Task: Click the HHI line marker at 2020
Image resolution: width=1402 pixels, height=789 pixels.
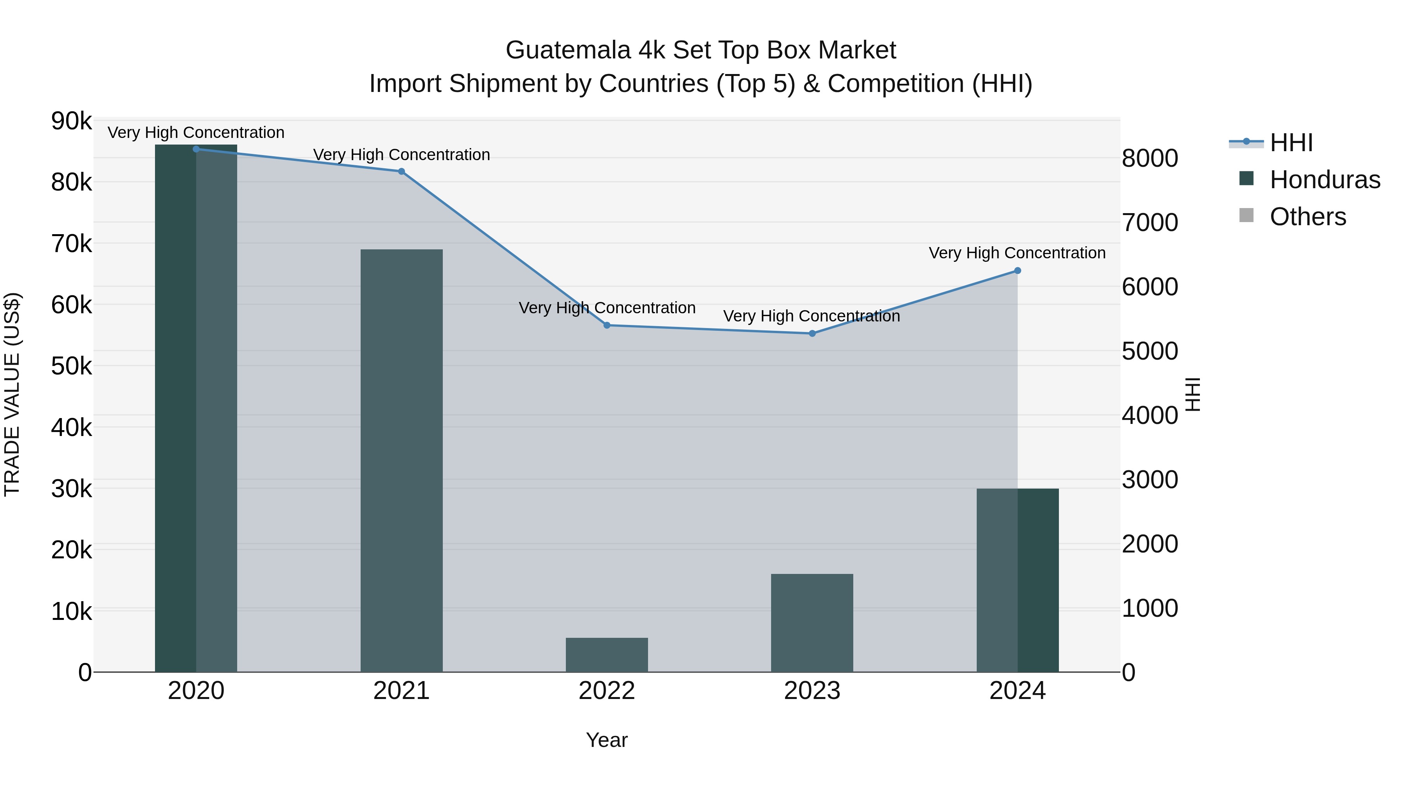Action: coord(196,149)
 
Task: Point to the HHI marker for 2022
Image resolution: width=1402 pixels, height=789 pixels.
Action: coord(607,325)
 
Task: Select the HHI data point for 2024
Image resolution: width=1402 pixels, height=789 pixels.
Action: coord(1017,271)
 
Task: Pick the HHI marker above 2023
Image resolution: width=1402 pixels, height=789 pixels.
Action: coord(812,333)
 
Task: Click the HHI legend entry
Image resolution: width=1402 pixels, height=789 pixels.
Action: coord(1291,143)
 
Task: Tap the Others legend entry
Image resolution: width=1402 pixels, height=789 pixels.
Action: coord(1307,217)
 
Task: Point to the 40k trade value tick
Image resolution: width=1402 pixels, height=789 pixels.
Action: coord(71,428)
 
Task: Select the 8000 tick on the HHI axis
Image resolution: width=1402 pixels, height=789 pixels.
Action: coord(1150,159)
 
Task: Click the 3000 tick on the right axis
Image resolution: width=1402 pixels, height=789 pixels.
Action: coord(1150,480)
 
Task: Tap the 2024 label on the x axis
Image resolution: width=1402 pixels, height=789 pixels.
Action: coord(1017,691)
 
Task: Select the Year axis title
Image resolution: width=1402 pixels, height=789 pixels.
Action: coord(606,740)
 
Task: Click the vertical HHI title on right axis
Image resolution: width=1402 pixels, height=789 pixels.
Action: coord(1192,394)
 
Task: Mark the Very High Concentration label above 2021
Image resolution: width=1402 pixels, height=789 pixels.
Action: coord(401,155)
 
